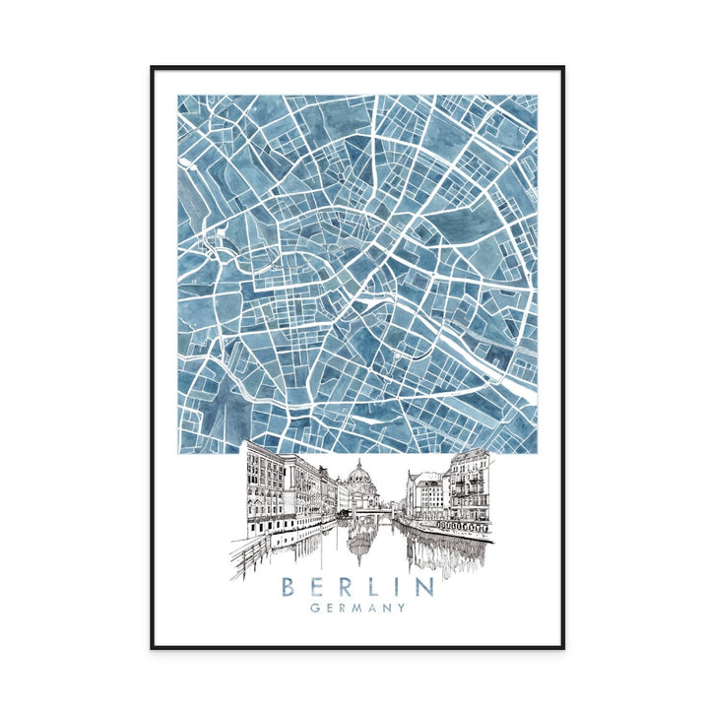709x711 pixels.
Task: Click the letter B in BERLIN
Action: coord(288,587)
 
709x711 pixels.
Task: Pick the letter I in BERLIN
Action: coord(400,587)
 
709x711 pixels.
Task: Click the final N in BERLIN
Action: coord(424,587)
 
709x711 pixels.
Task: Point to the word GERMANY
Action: coord(356,609)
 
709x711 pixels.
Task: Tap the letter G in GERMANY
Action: coord(313,609)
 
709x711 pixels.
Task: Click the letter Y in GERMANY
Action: coord(401,609)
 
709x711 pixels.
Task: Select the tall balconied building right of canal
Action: coord(470,487)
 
